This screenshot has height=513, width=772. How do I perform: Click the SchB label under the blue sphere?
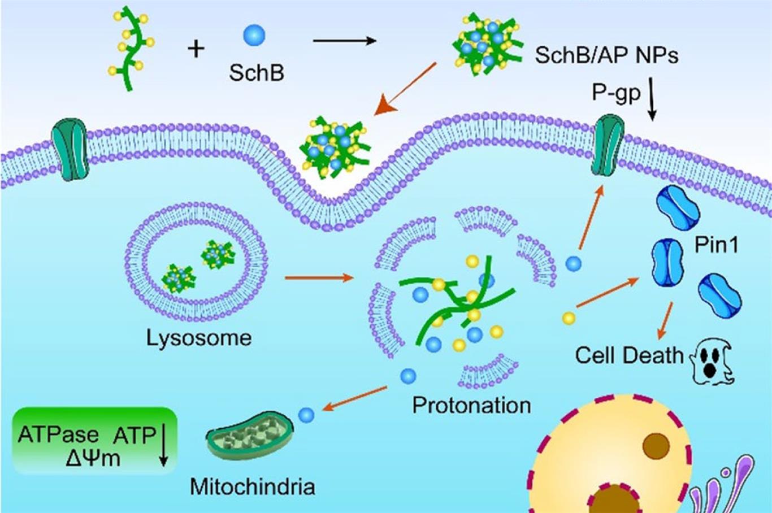(x=256, y=73)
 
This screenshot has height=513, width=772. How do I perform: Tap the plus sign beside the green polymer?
(x=196, y=49)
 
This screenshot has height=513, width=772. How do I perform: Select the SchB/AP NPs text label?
(x=606, y=55)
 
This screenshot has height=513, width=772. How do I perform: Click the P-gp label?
(x=616, y=92)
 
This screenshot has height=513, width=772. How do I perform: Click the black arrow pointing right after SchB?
(x=344, y=41)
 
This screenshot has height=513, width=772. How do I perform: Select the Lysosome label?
(x=199, y=338)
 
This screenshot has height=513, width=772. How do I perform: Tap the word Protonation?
(x=471, y=405)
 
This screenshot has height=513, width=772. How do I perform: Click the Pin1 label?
(x=717, y=245)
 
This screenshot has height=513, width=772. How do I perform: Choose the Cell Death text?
(x=629, y=355)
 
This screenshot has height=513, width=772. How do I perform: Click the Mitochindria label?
(x=252, y=486)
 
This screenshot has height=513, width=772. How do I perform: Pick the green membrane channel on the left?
(x=70, y=149)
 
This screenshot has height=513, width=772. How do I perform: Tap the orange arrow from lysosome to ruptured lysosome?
(x=319, y=277)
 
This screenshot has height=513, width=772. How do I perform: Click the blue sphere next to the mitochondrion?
(x=306, y=415)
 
